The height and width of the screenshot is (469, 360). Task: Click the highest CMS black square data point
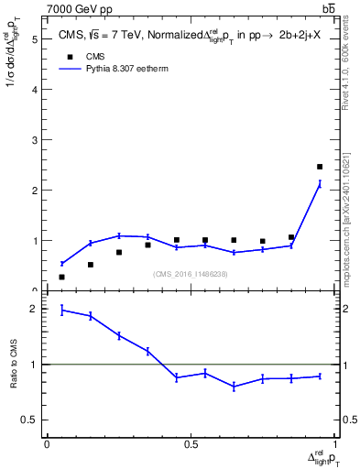click(320, 167)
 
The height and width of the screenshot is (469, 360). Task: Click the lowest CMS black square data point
click(61, 277)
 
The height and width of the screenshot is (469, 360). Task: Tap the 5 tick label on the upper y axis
click(33, 39)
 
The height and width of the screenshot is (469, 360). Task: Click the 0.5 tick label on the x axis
click(190, 444)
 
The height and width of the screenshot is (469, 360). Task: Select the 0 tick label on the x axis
click(47, 444)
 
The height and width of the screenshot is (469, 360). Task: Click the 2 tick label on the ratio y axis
click(33, 309)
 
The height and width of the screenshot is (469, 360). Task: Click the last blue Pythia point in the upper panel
click(320, 184)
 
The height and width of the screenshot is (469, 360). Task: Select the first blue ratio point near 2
click(61, 310)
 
